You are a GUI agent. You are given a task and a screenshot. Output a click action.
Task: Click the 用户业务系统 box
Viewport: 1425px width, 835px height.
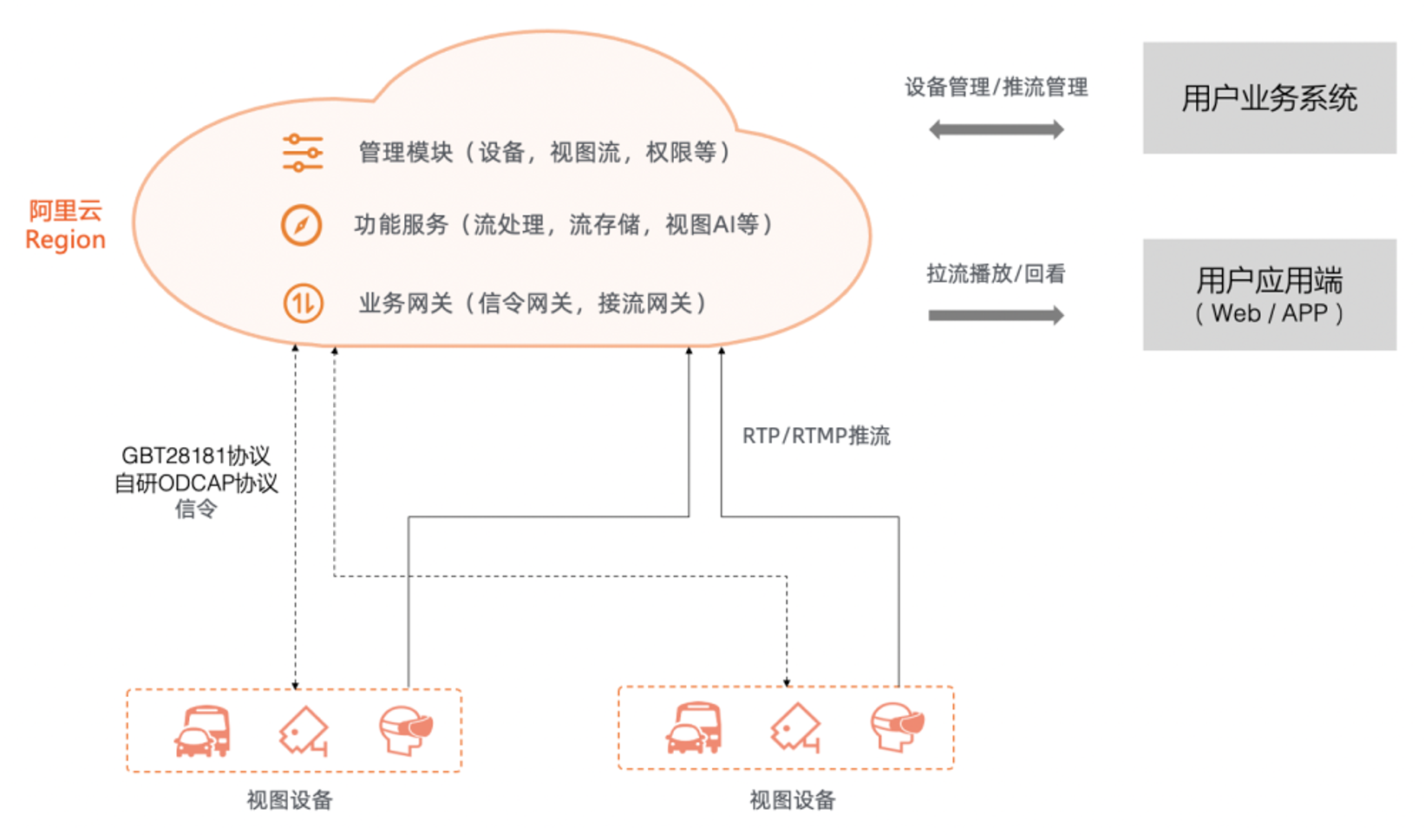pos(1269,98)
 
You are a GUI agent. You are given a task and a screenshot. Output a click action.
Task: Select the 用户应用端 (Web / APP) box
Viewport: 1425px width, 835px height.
pos(1269,295)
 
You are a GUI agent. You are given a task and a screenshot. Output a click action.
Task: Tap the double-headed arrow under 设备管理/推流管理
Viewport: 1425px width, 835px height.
pos(996,130)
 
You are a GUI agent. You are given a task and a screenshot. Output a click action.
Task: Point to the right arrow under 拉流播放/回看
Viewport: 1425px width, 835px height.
pos(996,315)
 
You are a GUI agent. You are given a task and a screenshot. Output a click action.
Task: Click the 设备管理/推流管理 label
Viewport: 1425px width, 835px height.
pos(996,87)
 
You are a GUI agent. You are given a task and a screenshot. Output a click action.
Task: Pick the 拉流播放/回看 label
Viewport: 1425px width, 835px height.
pos(996,274)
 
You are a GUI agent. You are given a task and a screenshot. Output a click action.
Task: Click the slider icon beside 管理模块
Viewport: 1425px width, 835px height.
pos(302,153)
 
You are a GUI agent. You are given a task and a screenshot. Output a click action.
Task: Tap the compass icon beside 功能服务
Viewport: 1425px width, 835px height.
pos(301,225)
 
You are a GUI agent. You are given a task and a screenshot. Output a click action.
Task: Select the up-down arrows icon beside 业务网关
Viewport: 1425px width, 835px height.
pos(303,304)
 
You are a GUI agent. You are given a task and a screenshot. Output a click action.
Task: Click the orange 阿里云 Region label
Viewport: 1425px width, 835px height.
pos(65,225)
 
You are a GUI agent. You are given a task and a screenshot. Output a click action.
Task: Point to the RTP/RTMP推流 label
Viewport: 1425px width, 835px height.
pos(815,436)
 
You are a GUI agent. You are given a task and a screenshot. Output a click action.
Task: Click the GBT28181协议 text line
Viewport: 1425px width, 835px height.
pos(196,456)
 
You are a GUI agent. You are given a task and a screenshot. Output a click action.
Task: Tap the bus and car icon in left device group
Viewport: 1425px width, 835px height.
pos(203,731)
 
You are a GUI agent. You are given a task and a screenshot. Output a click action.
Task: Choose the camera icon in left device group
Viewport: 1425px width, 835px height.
pos(304,731)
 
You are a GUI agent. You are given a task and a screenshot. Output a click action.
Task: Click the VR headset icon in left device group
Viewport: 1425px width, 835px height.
pos(405,729)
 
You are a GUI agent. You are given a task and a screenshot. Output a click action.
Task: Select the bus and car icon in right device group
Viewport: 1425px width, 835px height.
pos(694,728)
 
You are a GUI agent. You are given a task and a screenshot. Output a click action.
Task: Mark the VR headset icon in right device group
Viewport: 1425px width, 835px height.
pos(897,727)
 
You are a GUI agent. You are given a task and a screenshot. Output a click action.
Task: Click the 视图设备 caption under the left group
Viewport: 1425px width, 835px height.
pos(290,800)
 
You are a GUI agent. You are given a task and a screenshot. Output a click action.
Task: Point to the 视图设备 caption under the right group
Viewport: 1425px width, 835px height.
pos(792,800)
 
